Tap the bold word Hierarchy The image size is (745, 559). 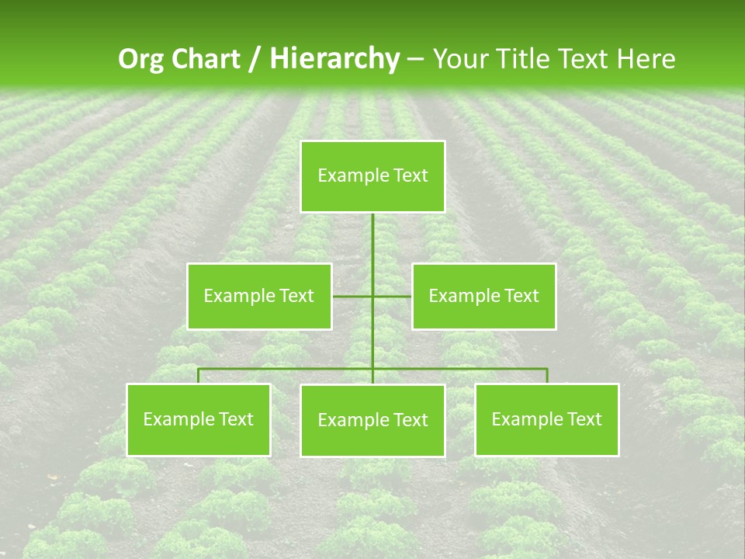(334, 59)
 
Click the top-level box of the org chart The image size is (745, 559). (372, 176)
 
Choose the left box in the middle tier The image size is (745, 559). (259, 296)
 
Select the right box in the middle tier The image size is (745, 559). (483, 296)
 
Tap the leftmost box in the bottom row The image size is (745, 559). (199, 420)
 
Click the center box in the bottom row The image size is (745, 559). (372, 421)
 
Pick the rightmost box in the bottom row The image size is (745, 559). (546, 420)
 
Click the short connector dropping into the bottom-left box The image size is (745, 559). (199, 376)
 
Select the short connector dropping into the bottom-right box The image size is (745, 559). (547, 376)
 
